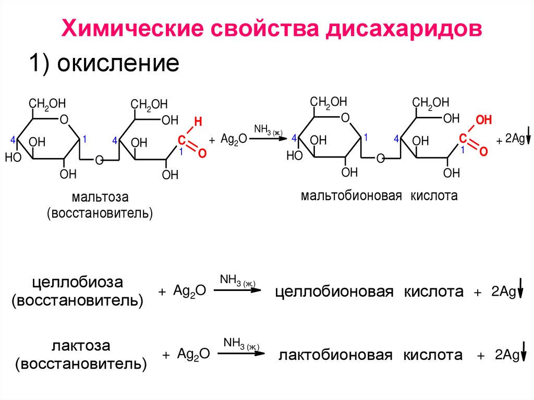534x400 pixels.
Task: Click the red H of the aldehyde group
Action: point(197,122)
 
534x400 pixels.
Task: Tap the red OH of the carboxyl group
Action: point(483,120)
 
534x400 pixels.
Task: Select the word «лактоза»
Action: point(81,346)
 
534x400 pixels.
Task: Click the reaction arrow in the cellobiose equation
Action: point(237,290)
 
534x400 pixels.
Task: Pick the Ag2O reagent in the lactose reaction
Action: point(193,354)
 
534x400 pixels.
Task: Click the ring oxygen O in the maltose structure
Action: point(64,119)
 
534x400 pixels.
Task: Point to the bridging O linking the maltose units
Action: point(99,160)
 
